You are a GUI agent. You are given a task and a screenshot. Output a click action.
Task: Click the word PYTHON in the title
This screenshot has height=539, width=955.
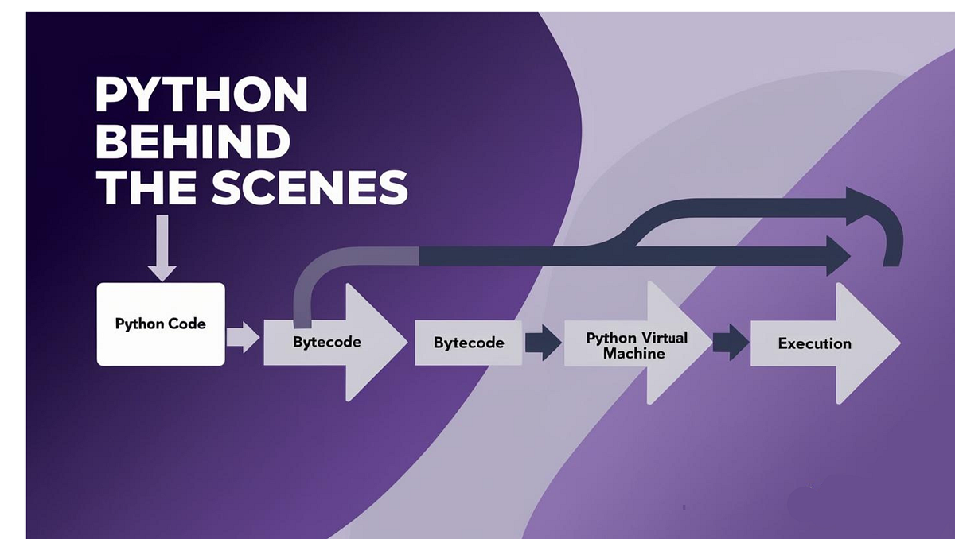point(201,95)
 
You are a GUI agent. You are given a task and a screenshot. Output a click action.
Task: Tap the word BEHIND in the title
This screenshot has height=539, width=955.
point(197,142)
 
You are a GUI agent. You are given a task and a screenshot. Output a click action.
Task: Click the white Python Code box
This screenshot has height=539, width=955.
point(161,324)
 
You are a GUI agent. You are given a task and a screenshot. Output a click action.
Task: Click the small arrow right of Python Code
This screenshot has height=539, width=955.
point(242,337)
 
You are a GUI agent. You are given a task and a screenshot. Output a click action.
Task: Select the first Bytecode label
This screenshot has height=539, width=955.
point(327,342)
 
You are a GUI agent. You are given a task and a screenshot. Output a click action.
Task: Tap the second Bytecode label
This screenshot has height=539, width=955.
point(469,343)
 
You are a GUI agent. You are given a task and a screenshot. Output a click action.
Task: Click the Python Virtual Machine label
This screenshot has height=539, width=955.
point(636,345)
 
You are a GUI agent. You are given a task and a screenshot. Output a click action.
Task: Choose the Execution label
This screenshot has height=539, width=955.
point(814,343)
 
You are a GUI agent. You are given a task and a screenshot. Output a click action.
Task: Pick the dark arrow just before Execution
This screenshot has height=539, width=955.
point(729,343)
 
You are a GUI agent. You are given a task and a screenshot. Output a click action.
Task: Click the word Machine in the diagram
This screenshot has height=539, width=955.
point(634,353)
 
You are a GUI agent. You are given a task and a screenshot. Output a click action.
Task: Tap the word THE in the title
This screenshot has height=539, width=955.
point(146,188)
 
